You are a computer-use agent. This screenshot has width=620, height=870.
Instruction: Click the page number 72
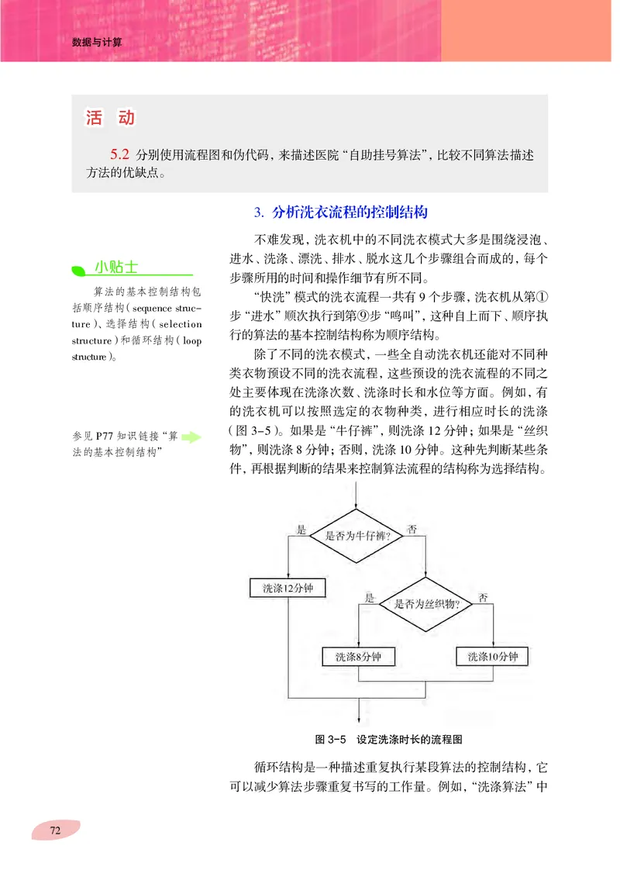(x=55, y=830)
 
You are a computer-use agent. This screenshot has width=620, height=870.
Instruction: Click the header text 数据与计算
(x=98, y=43)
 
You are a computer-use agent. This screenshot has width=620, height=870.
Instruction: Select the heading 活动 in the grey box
(x=110, y=118)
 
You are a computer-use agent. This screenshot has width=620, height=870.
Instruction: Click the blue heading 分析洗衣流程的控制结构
(x=340, y=212)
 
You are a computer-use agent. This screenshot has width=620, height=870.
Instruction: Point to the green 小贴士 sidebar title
(x=116, y=268)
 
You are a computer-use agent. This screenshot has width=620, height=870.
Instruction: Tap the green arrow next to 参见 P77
(x=191, y=437)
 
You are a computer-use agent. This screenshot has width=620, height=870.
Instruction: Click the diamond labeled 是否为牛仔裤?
(x=356, y=535)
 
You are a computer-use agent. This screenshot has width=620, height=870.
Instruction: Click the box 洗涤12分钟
(x=288, y=588)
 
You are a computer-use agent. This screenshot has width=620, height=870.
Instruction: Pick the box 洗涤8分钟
(x=359, y=657)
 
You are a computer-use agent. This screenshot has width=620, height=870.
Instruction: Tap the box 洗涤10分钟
(x=492, y=657)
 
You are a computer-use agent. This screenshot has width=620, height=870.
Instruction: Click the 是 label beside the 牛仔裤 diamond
(x=302, y=529)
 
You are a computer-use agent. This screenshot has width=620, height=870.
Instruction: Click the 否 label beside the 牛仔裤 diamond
(x=412, y=529)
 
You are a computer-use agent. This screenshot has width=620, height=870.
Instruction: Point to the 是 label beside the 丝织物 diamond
(x=370, y=598)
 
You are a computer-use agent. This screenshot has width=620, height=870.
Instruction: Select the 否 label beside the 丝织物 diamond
(x=483, y=598)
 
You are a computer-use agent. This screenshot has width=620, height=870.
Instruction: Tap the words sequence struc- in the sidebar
(x=163, y=309)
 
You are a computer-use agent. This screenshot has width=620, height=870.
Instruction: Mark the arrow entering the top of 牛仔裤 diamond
(x=356, y=495)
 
